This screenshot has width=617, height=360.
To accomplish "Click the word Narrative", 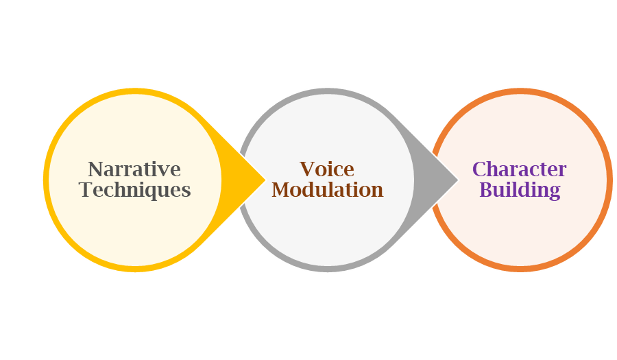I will tap(134, 169).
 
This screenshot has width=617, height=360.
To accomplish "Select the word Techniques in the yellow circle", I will tap(135, 190).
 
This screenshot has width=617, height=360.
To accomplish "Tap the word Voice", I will tap(327, 169).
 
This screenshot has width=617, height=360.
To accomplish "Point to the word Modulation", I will tap(327, 190).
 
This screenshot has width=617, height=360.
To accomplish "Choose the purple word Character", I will tap(520, 169).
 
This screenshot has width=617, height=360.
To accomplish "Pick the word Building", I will tap(520, 190).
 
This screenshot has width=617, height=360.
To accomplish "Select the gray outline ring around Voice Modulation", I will tap(327, 91).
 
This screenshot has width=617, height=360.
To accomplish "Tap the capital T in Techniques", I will tap(86, 190).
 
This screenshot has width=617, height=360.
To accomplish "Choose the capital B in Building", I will tap(485, 190).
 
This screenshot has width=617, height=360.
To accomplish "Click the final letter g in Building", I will tap(555, 192).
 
